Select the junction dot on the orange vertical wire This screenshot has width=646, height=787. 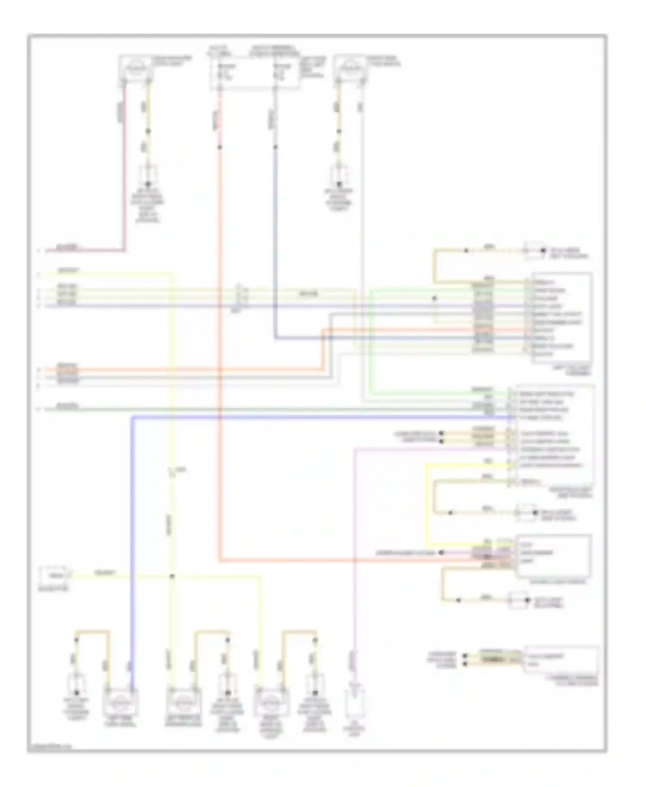pyautogui.click(x=220, y=147)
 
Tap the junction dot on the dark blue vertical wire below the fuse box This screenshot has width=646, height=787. pyautogui.click(x=276, y=147)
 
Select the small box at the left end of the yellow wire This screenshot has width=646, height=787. pyautogui.click(x=53, y=575)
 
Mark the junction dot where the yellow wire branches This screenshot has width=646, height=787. pyautogui.click(x=172, y=576)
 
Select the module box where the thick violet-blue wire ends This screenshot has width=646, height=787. pyautogui.click(x=551, y=435)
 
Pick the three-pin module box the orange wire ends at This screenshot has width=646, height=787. pyautogui.click(x=553, y=556)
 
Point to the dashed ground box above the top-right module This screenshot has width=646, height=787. pyautogui.click(x=534, y=251)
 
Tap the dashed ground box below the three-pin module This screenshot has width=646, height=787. pyautogui.click(x=519, y=601)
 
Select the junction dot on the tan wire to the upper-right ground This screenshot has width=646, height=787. pyautogui.click(x=466, y=251)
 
